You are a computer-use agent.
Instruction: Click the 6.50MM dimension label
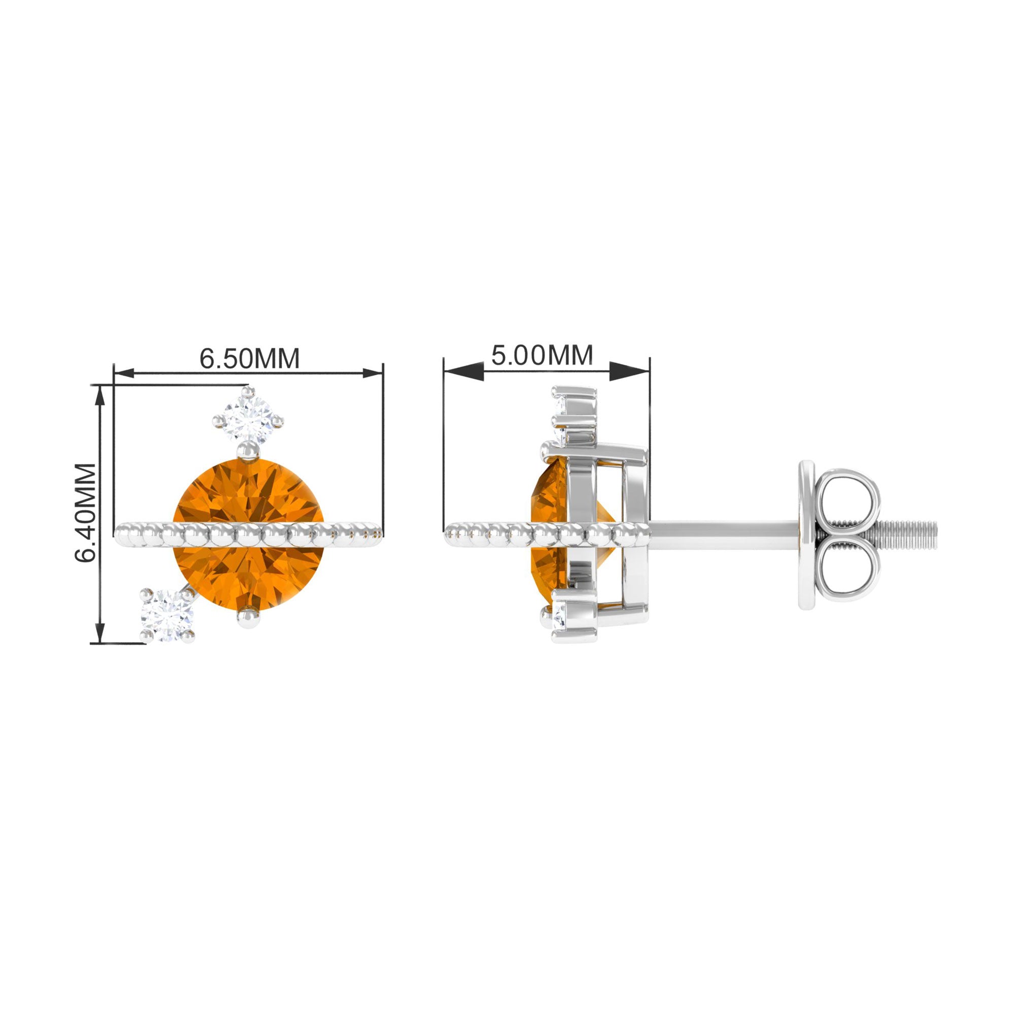click(x=250, y=358)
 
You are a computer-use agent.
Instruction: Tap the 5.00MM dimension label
click(x=542, y=355)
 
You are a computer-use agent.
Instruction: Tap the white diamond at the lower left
click(x=167, y=616)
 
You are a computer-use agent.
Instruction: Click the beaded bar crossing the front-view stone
click(x=248, y=535)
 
